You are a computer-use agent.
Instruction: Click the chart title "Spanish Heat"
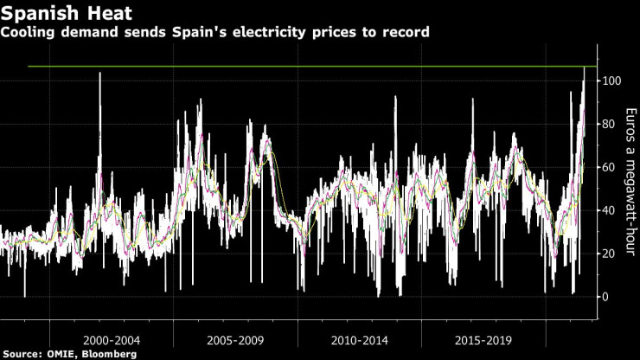click(x=58, y=13)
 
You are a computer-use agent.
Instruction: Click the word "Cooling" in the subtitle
click(x=29, y=32)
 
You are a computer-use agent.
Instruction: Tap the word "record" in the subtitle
click(x=407, y=32)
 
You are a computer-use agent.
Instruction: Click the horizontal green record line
click(x=303, y=67)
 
